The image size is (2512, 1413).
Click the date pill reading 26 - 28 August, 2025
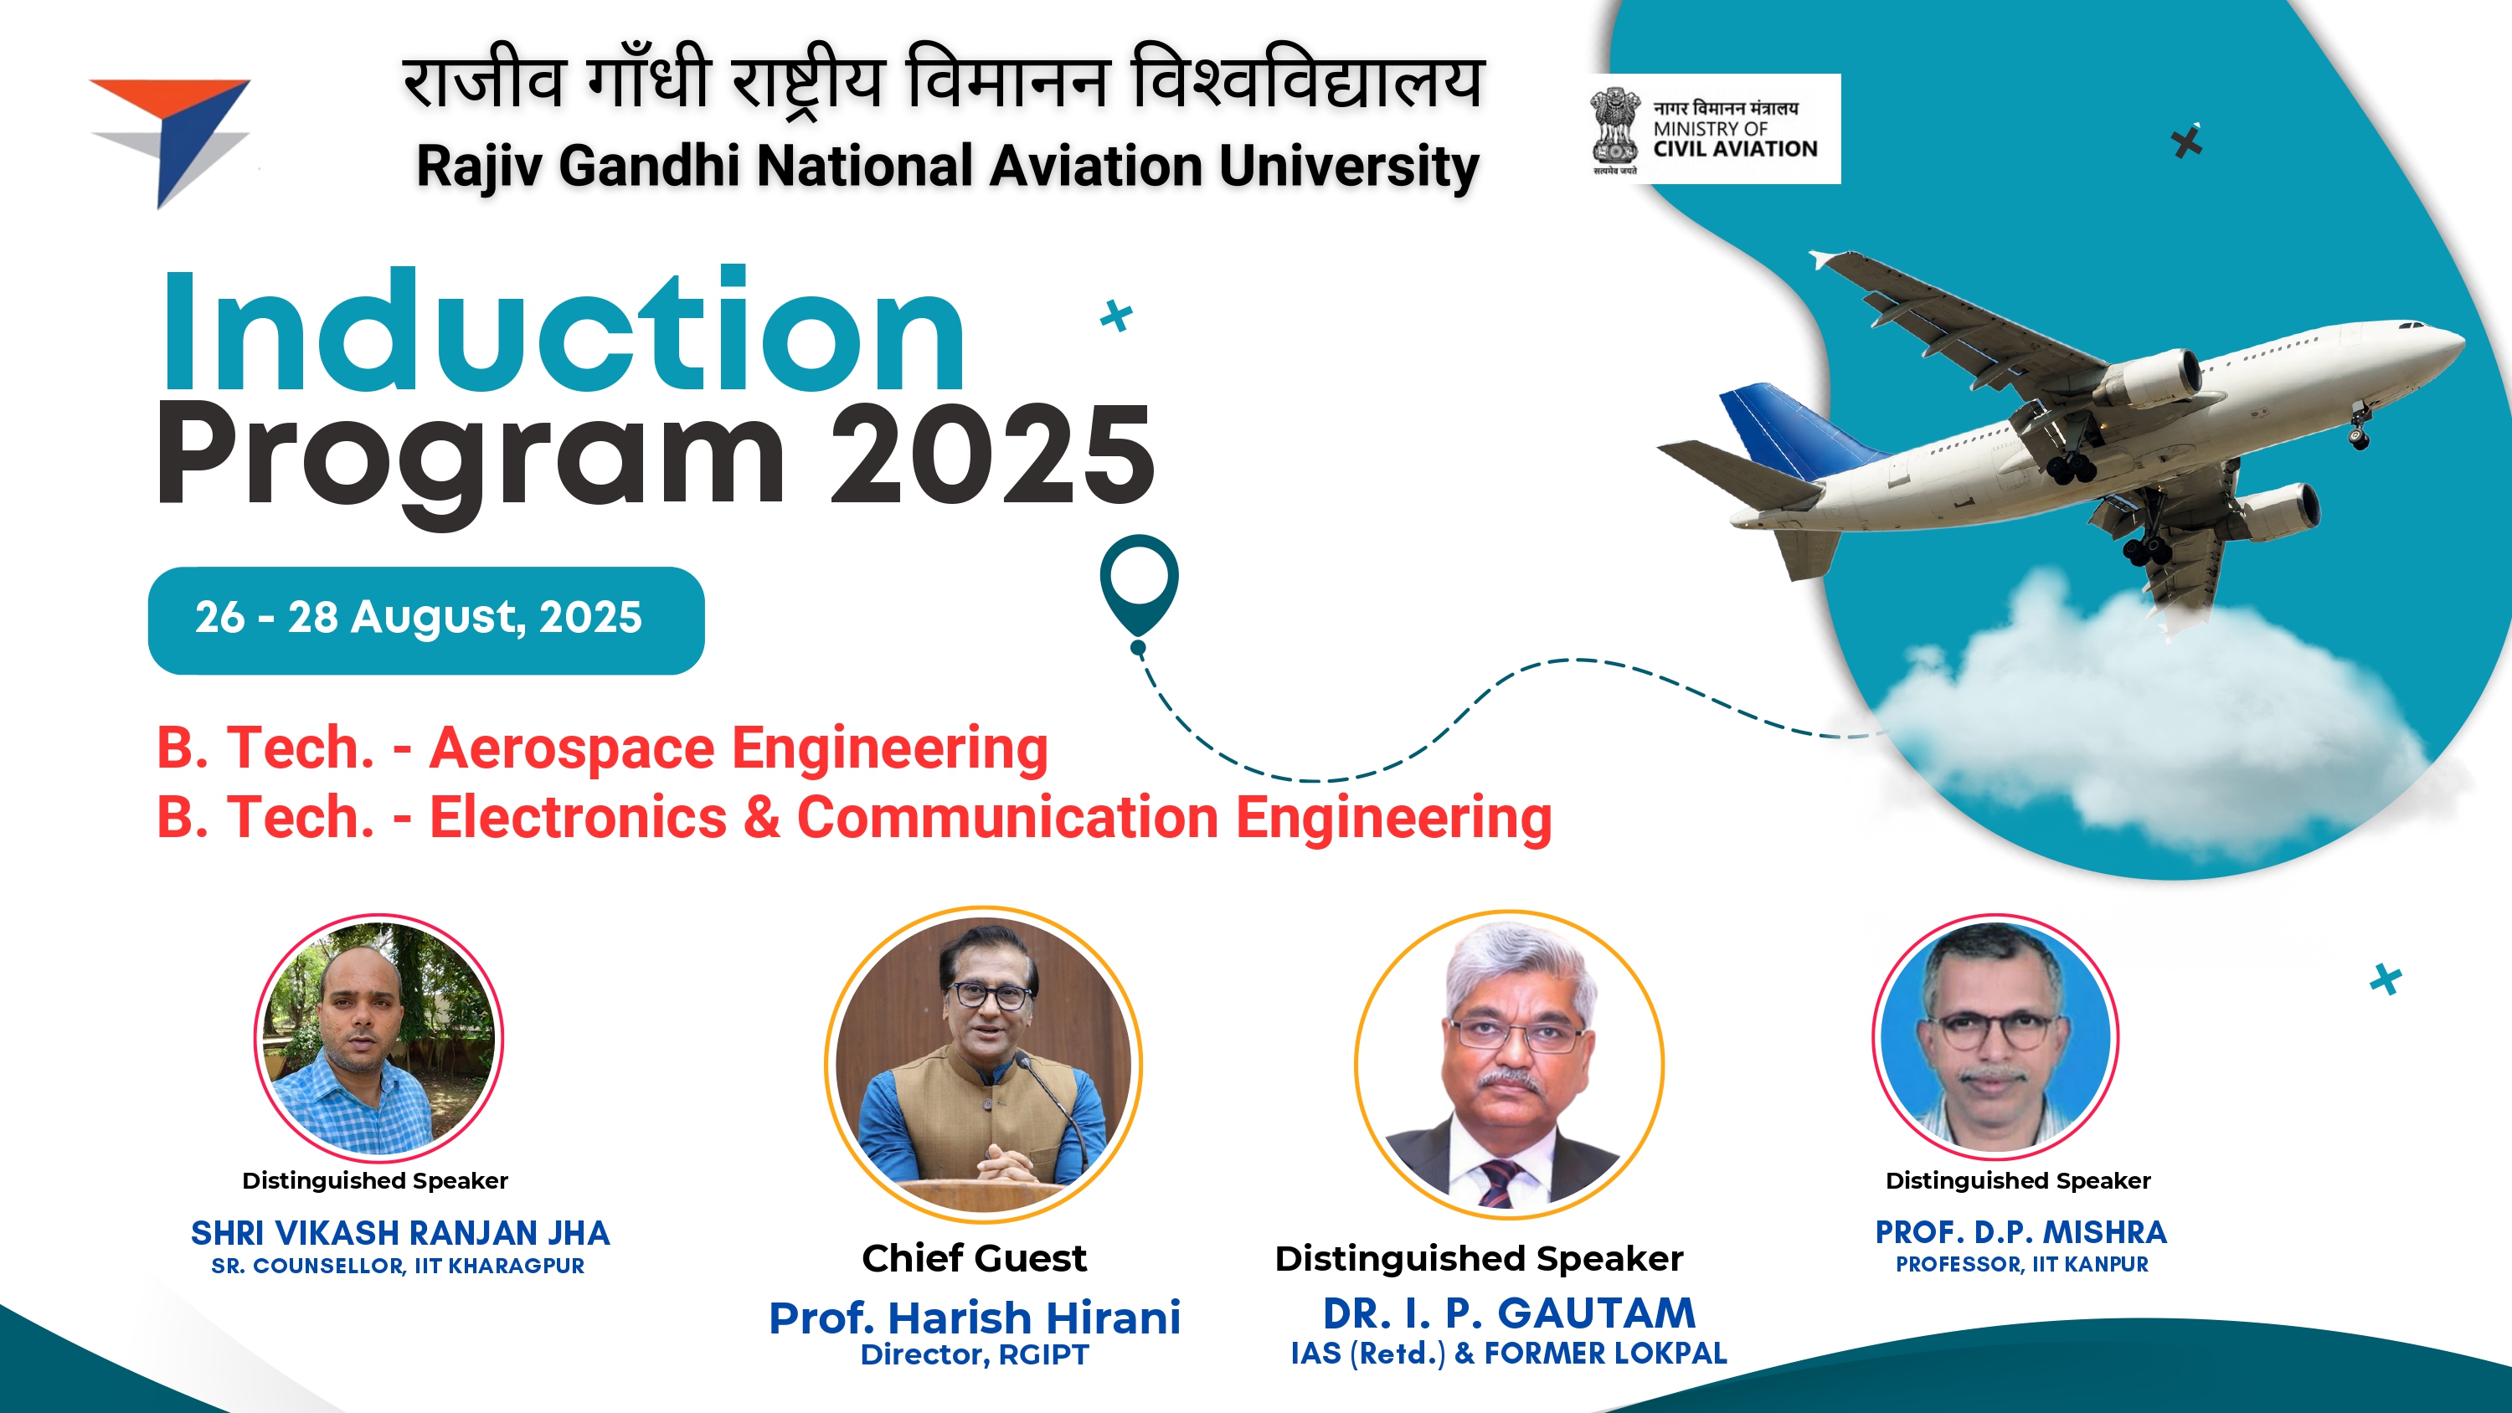(x=426, y=619)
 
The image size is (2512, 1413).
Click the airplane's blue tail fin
(x=1799, y=429)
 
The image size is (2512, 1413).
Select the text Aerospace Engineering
(x=739, y=748)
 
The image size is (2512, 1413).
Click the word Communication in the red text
(x=1007, y=816)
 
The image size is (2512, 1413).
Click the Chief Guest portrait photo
(x=983, y=1063)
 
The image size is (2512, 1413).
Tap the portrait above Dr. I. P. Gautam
(x=1510, y=1063)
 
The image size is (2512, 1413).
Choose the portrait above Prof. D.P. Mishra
(x=1995, y=1035)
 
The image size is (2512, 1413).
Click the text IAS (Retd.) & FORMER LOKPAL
(x=1509, y=1354)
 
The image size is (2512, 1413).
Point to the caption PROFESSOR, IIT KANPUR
(x=2021, y=1264)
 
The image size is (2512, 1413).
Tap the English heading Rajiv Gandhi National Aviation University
(x=948, y=166)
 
